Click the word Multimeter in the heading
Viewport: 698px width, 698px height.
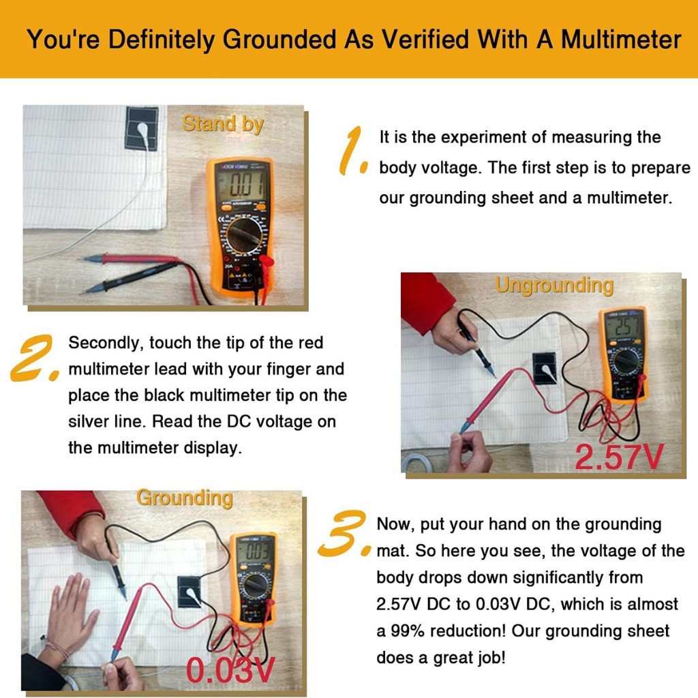621,39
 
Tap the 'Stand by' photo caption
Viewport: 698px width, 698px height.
223,124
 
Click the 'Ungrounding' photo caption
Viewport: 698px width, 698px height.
554,285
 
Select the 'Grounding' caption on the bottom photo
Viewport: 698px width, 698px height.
185,498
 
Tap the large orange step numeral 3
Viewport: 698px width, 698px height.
344,533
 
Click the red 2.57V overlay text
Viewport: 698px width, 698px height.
619,457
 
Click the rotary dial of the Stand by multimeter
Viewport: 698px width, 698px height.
245,235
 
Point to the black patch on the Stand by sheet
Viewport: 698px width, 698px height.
141,128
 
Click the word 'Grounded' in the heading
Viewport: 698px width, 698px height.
279,39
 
